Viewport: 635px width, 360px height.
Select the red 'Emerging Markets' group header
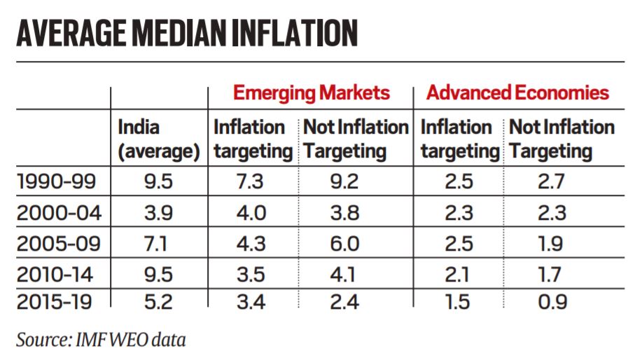coord(311,92)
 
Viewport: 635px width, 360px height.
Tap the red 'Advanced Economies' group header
coord(517,92)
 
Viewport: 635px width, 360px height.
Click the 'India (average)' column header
coord(158,139)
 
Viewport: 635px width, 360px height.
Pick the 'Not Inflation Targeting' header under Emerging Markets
coord(355,139)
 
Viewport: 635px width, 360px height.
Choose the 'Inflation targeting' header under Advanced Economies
coord(459,139)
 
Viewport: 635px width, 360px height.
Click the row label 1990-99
coord(56,182)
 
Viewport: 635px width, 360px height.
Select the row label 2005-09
coord(56,243)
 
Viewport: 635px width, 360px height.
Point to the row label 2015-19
coord(56,302)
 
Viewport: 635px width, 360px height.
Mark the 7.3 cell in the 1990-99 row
coord(251,182)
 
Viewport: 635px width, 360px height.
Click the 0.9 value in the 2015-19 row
coord(550,302)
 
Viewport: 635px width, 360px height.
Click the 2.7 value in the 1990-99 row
coord(550,182)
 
